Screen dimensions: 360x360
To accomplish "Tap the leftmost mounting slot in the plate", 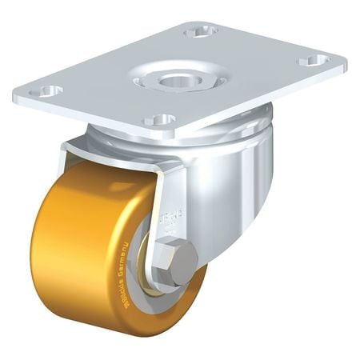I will pos(50,91).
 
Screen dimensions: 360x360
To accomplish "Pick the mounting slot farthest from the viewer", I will pos(200,31).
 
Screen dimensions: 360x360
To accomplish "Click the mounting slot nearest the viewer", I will pos(161,120).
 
